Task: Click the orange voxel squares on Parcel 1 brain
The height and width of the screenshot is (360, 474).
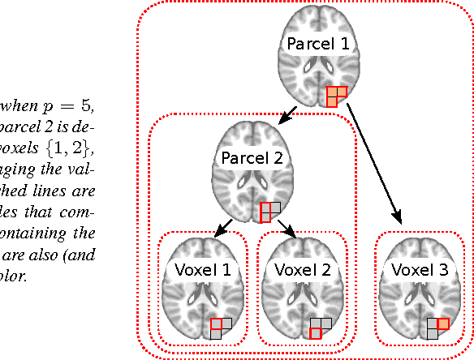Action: click(x=336, y=96)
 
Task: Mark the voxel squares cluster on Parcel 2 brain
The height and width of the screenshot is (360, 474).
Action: click(x=269, y=212)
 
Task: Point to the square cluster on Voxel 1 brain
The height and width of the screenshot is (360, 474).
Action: click(x=221, y=328)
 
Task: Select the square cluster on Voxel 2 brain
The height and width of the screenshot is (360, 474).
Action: click(x=320, y=328)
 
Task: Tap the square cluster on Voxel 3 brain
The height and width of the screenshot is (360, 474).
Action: click(x=438, y=328)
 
